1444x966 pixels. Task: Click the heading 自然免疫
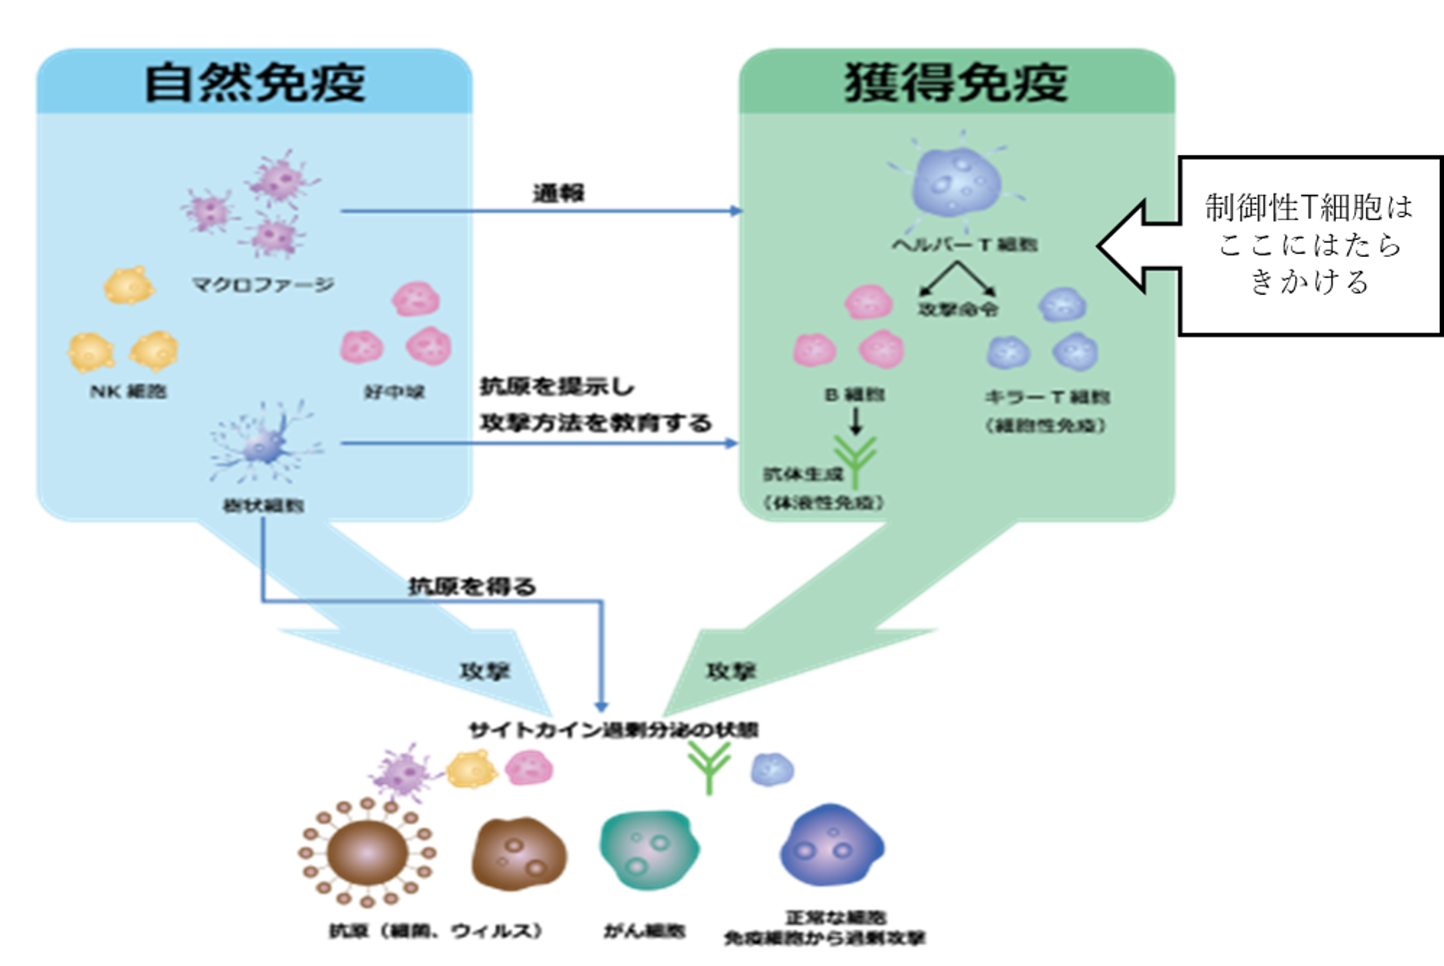pos(255,82)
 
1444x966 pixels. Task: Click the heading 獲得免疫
pos(956,82)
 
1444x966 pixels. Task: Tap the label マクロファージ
pos(263,285)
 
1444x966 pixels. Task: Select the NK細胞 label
pos(128,392)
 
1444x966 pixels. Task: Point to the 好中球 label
pos(395,392)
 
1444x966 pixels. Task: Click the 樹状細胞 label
pos(263,505)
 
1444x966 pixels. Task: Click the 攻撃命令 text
pos(957,309)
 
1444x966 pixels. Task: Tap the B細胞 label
pos(854,395)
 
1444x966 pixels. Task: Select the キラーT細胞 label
pos(1046,397)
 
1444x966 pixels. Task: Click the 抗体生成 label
pos(803,474)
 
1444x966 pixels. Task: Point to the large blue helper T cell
pos(956,183)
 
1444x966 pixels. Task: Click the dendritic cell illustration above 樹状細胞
pos(263,445)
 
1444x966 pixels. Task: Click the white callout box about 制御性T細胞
pos(1309,245)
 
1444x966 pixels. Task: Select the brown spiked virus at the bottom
pos(368,852)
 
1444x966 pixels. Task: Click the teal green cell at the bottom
pos(649,849)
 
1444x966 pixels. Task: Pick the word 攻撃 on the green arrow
pos(730,671)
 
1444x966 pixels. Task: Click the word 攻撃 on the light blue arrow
pos(485,671)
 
